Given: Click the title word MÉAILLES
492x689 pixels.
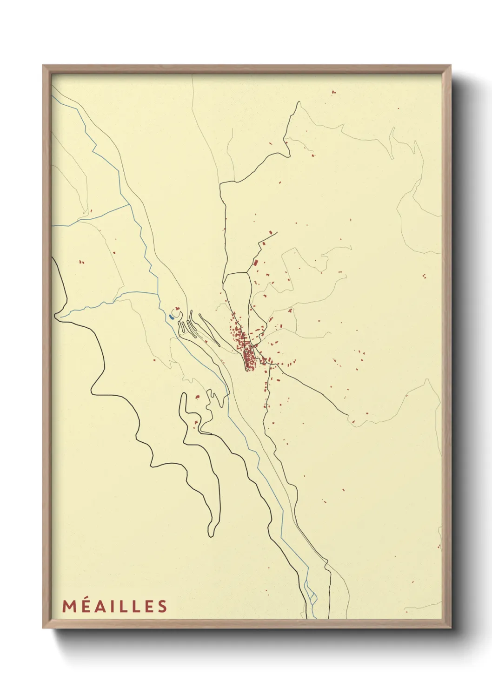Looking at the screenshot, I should tap(114, 606).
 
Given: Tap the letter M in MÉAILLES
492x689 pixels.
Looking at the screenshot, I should tap(68, 606).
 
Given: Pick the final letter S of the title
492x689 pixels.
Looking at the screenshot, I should tap(162, 606).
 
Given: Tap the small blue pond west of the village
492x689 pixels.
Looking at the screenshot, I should tap(172, 317).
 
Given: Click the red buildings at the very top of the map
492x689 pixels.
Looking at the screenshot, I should tap(333, 93).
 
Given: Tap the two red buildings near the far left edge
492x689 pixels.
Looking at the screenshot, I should tap(82, 262).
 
